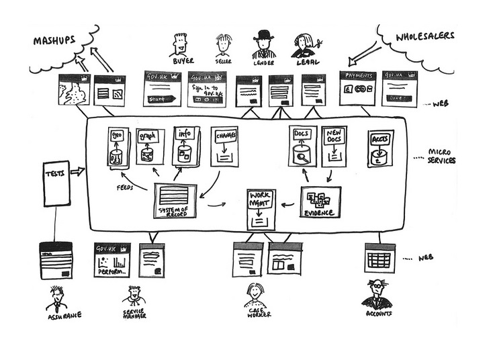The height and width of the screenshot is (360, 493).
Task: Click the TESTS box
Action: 56,183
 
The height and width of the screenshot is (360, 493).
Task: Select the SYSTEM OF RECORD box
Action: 175,200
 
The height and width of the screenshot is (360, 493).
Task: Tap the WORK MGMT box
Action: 261,210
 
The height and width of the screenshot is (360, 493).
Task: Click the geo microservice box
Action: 118,148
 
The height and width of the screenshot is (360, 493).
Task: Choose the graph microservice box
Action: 150,147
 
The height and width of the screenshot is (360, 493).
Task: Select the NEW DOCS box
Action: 334,146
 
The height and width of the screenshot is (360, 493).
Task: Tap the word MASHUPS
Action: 54,42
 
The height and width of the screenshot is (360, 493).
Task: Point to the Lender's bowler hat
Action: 263,36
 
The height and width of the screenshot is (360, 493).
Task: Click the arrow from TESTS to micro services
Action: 78,171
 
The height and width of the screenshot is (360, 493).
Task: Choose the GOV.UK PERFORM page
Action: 112,259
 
